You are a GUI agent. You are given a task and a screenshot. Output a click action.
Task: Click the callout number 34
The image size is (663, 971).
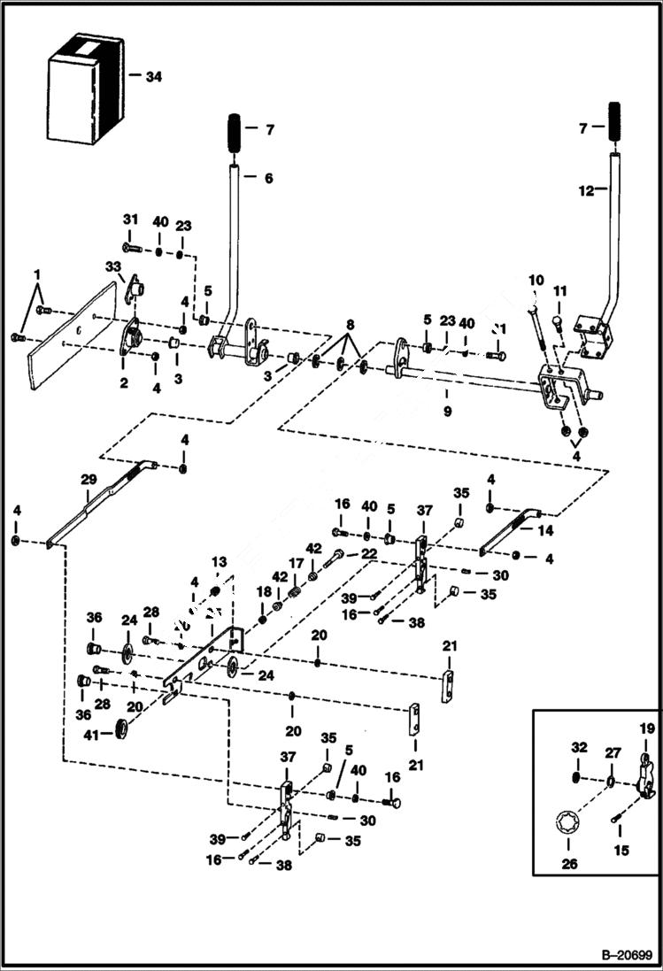(154, 77)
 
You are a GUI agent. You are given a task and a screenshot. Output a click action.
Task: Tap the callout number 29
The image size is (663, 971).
(88, 479)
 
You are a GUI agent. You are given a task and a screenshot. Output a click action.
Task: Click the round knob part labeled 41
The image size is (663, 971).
(118, 730)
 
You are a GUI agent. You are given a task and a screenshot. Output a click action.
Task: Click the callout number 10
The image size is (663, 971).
(536, 281)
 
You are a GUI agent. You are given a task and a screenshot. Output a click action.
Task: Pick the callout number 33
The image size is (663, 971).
(112, 266)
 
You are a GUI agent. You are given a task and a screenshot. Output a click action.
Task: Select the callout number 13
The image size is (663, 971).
(219, 563)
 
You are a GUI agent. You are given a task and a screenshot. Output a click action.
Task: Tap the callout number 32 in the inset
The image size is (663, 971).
(579, 748)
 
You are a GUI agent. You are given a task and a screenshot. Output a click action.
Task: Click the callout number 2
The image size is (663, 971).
(124, 383)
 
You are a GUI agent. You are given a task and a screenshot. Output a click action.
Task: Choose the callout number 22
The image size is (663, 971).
(368, 553)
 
